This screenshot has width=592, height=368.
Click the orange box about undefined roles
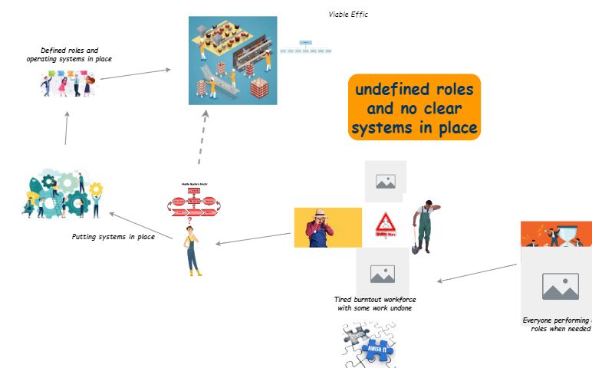(414, 107)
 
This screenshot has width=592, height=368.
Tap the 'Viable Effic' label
(348, 14)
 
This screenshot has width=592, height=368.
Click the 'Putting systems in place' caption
(113, 237)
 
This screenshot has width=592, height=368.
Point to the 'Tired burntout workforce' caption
(376, 304)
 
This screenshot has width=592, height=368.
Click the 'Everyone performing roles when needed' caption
(557, 324)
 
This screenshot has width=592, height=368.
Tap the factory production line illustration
(232, 60)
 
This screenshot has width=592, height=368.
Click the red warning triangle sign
(385, 227)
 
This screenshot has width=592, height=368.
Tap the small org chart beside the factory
(305, 47)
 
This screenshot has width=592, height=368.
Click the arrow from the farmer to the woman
(253, 239)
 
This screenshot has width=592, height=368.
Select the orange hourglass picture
(556, 234)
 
